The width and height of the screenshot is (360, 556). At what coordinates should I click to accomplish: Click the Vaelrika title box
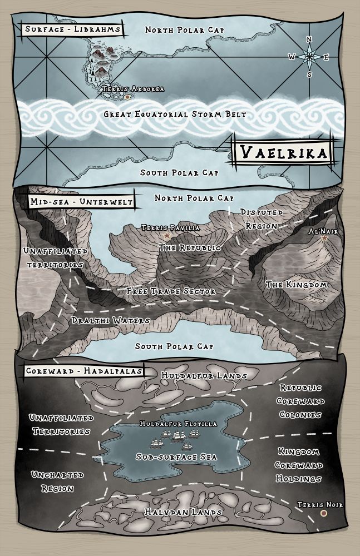282,151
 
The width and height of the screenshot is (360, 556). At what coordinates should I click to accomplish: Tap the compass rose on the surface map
309,56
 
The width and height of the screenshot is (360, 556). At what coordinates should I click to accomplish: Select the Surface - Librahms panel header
71,29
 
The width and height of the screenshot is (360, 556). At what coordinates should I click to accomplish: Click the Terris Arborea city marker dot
127,97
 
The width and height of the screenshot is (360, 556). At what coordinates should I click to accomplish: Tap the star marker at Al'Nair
324,238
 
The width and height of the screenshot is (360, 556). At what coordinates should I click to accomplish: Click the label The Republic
190,247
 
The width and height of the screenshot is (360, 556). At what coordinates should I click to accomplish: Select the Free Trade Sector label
171,291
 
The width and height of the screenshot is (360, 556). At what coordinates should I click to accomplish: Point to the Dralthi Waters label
110,321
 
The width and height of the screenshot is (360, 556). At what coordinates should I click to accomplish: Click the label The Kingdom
296,285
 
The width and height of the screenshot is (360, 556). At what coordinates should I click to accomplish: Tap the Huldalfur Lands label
204,376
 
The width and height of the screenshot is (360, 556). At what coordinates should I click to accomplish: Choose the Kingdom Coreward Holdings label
300,465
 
